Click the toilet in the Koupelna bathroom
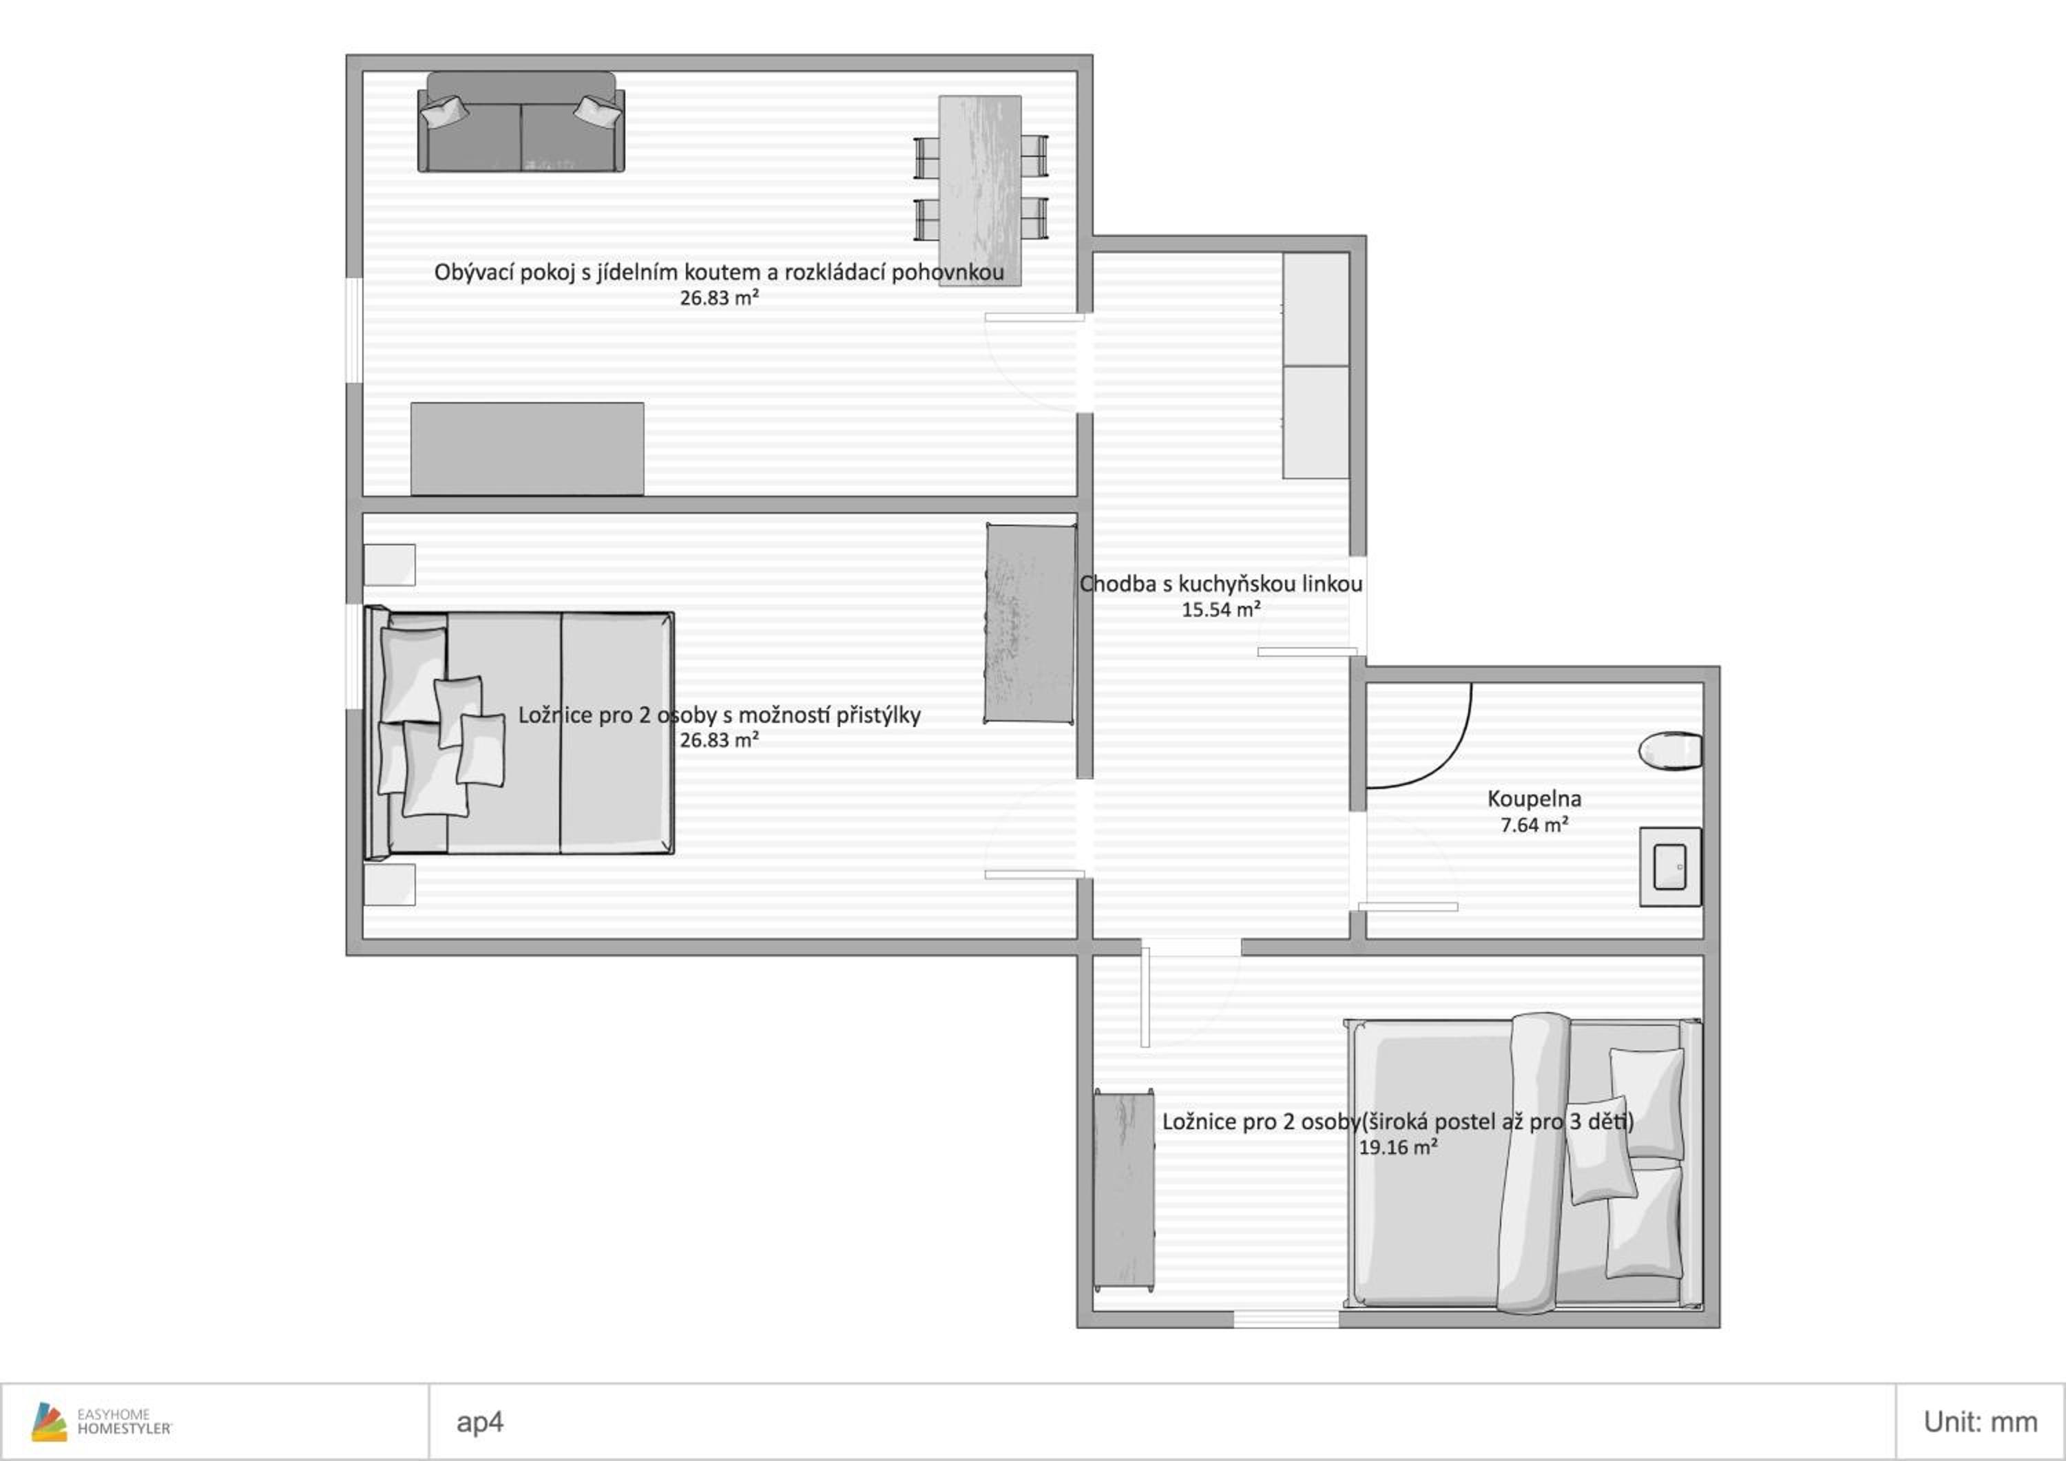(x=1670, y=750)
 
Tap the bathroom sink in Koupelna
(x=1670, y=866)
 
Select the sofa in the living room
(x=521, y=121)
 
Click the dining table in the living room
(x=980, y=191)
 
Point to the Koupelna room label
(x=1534, y=798)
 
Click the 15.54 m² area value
(x=1221, y=609)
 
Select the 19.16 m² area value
(x=1398, y=1147)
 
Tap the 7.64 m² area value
(x=1534, y=824)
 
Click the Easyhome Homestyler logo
(x=101, y=1422)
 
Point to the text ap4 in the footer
(x=479, y=1422)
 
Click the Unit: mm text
(x=1981, y=1422)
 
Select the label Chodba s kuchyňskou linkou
(x=1221, y=584)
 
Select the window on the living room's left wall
(x=355, y=330)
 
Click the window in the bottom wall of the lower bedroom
(x=1286, y=1319)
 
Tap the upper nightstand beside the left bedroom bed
(x=390, y=565)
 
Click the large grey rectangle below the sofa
(x=528, y=448)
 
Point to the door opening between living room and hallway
(x=1085, y=363)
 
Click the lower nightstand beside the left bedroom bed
(x=390, y=884)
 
